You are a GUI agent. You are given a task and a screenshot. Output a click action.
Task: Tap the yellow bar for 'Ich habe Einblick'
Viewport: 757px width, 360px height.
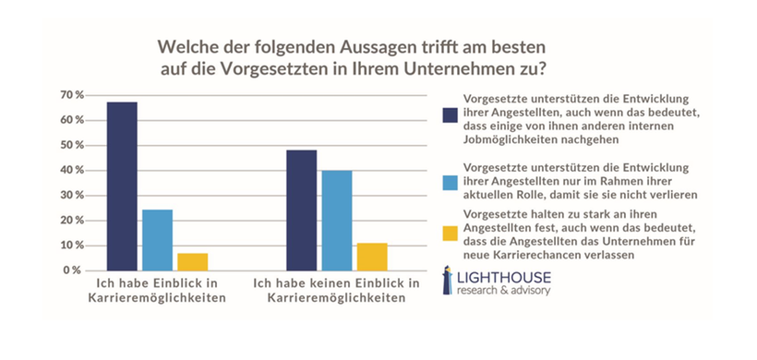(x=192, y=261)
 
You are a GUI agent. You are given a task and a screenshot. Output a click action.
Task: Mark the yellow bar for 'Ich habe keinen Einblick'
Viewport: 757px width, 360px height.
(x=371, y=257)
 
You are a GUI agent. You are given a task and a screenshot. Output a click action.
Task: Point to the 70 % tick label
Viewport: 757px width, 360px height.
(x=72, y=95)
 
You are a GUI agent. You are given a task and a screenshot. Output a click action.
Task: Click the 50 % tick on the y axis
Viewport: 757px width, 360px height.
(x=72, y=145)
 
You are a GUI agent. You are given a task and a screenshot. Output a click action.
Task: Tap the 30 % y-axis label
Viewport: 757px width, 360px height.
(x=72, y=196)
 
